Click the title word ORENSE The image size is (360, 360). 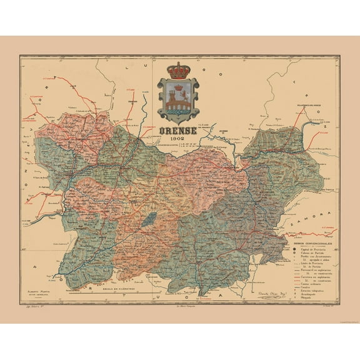point(179,131)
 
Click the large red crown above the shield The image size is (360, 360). point(179,70)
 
